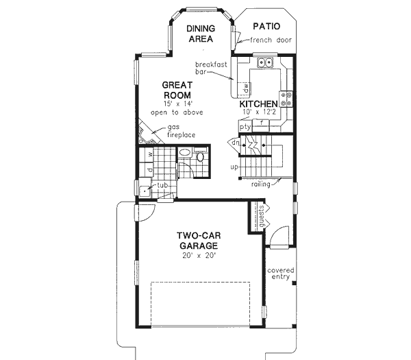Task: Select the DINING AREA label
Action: pyautogui.click(x=201, y=34)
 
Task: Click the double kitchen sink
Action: pyautogui.click(x=265, y=64)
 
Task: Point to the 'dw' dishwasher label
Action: pyautogui.click(x=245, y=88)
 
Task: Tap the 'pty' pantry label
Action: pyautogui.click(x=245, y=127)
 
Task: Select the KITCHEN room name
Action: pyautogui.click(x=258, y=104)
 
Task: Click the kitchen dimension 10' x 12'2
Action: pyautogui.click(x=258, y=112)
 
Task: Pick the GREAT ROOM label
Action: pyautogui.click(x=176, y=91)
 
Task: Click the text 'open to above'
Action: pyautogui.click(x=176, y=112)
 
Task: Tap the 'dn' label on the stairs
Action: pyautogui.click(x=235, y=143)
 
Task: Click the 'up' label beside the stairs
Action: pyautogui.click(x=234, y=167)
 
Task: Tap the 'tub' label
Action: pyautogui.click(x=162, y=185)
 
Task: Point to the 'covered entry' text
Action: pyautogui.click(x=279, y=274)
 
